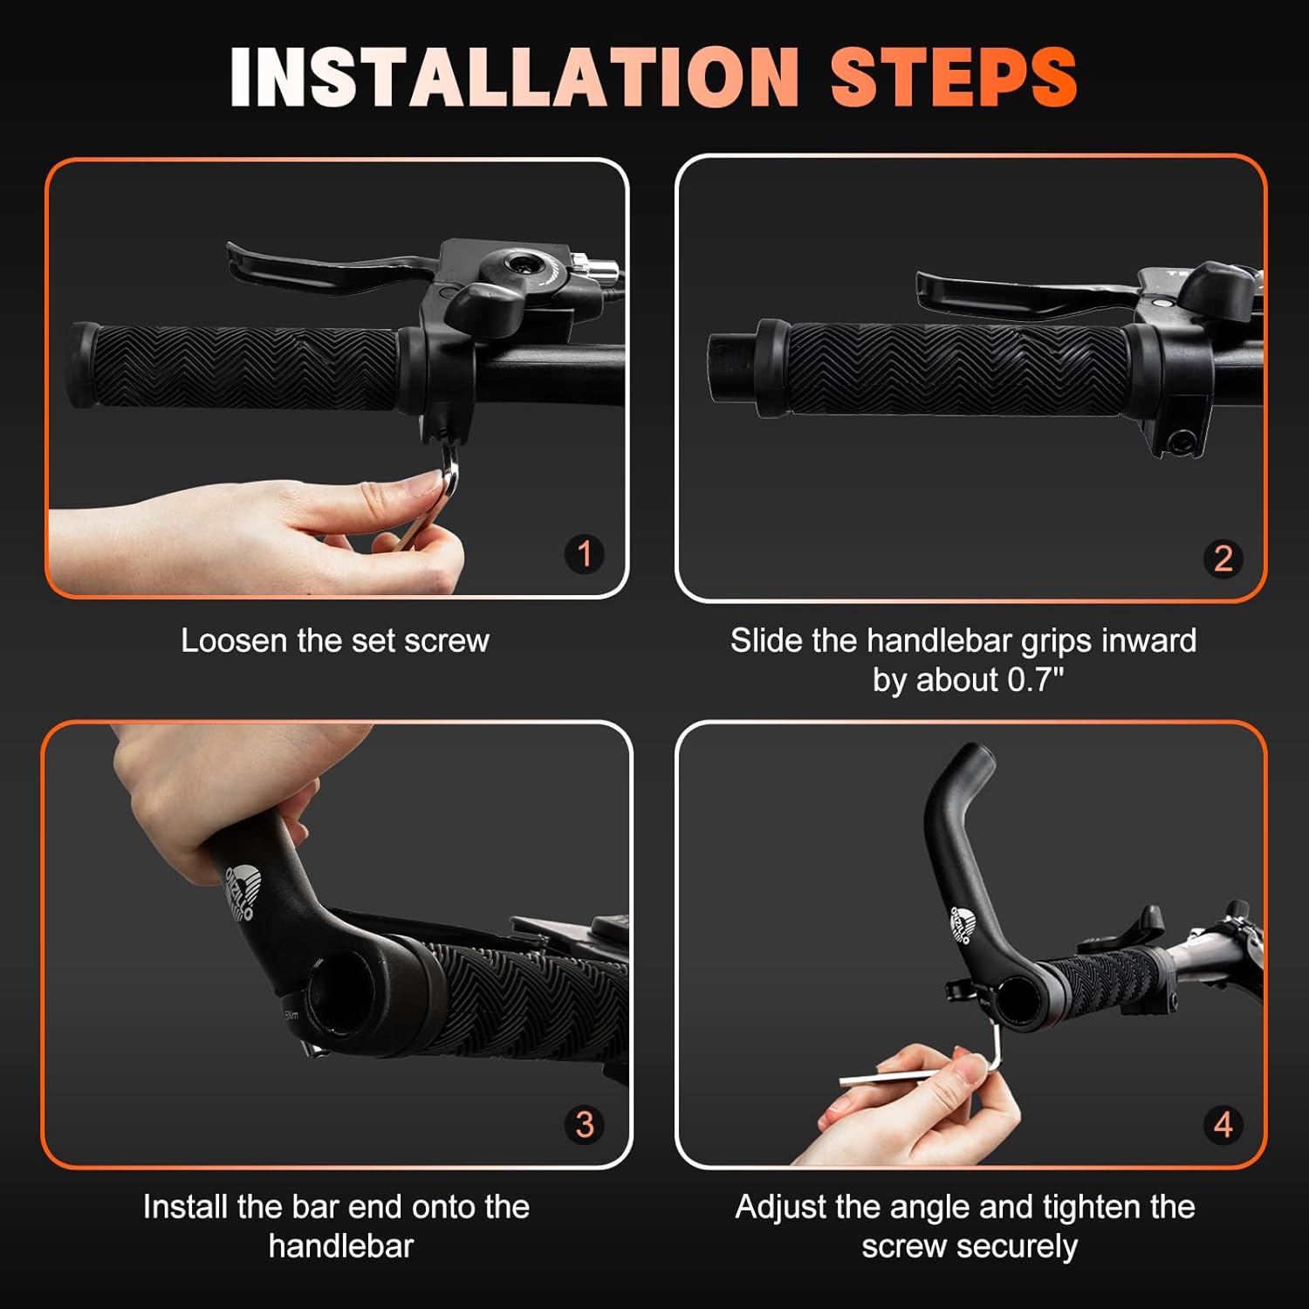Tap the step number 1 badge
(x=584, y=553)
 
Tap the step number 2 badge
(x=1223, y=559)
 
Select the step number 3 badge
(x=584, y=1124)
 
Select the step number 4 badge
(x=1223, y=1124)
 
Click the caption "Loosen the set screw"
(x=334, y=641)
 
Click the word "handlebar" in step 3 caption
(x=340, y=1246)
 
